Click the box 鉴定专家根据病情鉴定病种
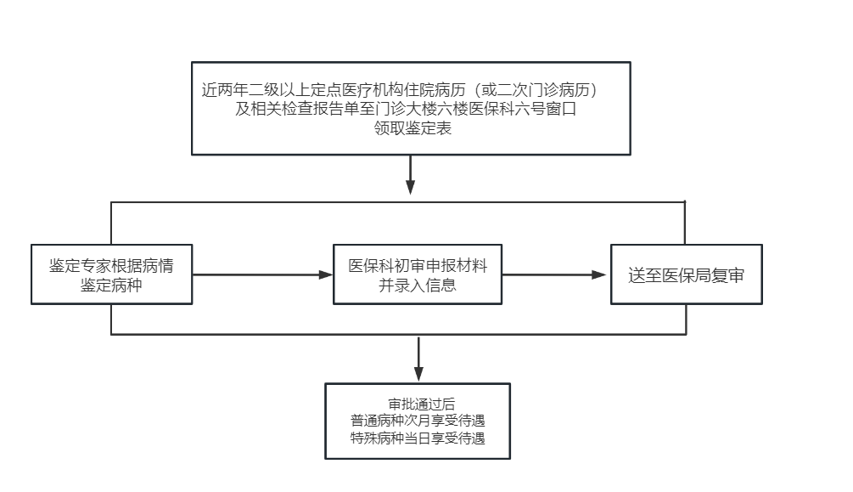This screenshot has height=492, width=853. [x=111, y=274]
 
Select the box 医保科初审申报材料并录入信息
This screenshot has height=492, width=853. [x=418, y=274]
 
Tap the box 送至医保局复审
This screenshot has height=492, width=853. [x=687, y=274]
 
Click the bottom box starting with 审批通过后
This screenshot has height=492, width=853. [x=418, y=421]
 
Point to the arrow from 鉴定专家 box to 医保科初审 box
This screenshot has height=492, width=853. [x=263, y=274]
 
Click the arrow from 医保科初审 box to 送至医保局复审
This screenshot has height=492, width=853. [x=553, y=274]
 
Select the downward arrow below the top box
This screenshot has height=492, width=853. [x=411, y=175]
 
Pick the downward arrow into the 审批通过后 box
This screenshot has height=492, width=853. [x=418, y=359]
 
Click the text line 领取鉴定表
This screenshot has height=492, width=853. [x=412, y=128]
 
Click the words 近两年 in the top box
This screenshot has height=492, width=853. [x=225, y=89]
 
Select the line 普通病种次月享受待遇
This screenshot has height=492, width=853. [x=418, y=421]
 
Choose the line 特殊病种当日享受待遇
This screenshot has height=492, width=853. [x=418, y=438]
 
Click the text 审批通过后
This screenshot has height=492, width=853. [x=422, y=404]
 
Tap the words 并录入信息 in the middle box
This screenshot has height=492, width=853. [x=418, y=285]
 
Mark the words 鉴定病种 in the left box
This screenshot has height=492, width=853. [x=111, y=285]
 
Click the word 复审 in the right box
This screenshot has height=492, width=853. [x=728, y=275]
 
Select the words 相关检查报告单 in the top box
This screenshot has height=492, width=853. [x=305, y=109]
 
